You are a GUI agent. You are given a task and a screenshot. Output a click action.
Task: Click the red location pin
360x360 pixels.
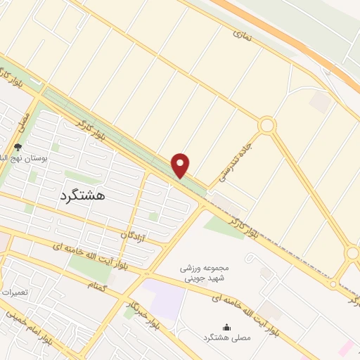(181, 165)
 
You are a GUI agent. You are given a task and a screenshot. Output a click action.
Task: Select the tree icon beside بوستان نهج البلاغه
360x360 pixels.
(18, 148)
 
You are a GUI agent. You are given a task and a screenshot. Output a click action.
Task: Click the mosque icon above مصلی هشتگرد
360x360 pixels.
(226, 327)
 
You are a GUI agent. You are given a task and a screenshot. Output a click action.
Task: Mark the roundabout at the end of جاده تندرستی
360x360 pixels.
(266, 126)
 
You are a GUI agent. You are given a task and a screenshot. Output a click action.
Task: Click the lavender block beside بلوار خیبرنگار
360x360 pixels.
(166, 298)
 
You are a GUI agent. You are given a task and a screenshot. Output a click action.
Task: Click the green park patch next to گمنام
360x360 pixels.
(84, 268)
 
